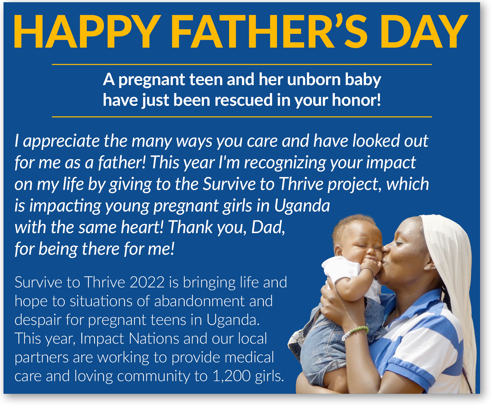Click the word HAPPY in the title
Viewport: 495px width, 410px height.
87,31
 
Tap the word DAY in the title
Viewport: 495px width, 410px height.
424,31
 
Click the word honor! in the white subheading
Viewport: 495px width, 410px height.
356,100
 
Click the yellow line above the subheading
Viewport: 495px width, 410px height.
242,64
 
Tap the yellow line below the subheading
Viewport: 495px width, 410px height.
242,117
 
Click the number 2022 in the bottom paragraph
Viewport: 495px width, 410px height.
147,282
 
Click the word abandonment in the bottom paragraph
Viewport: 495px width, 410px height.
200,301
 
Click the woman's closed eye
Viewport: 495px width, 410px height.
399,243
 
